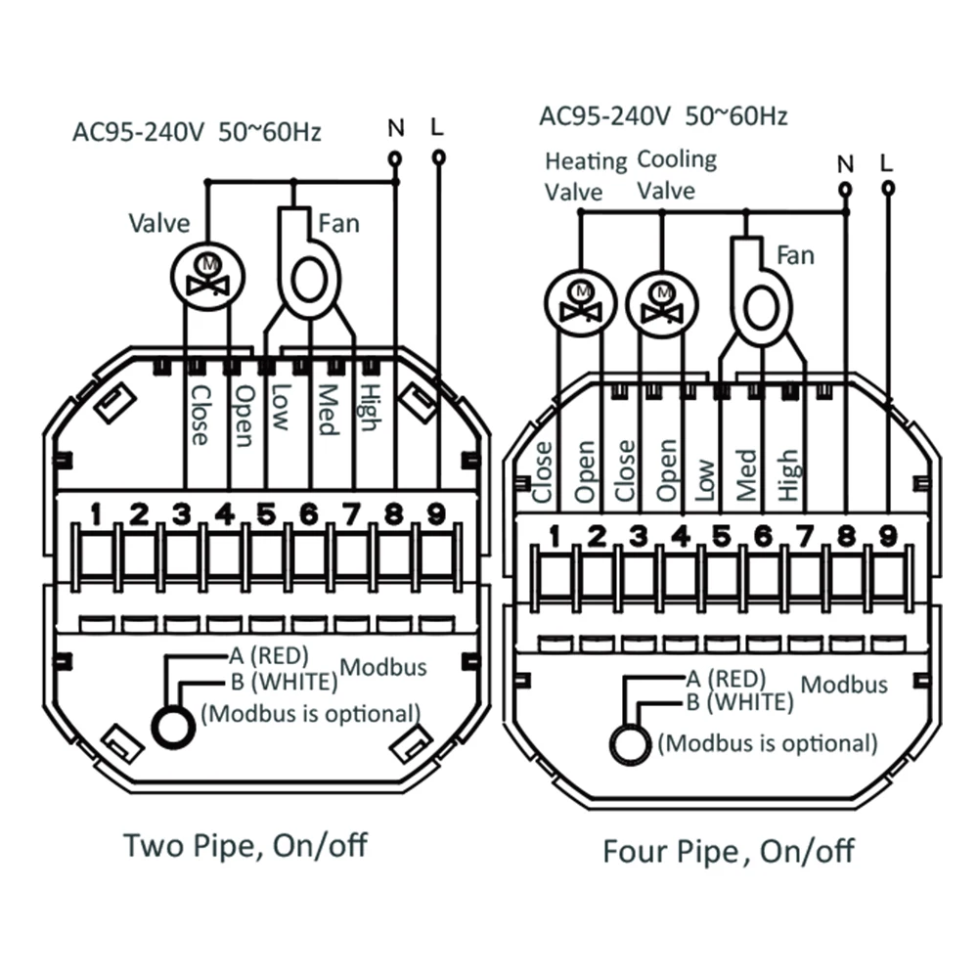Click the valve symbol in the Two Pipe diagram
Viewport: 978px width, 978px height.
206,274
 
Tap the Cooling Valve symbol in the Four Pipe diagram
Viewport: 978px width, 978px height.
662,302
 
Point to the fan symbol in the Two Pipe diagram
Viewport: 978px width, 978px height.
307,277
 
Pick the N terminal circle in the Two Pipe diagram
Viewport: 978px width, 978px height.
395,156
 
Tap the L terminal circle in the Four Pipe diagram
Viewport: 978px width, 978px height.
887,188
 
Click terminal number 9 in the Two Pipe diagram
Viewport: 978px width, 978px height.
436,513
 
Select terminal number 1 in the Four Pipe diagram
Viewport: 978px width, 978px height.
555,536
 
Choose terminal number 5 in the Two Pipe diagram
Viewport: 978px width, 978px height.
266,513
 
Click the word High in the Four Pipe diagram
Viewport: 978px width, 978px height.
788,475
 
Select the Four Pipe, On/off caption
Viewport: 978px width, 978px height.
728,851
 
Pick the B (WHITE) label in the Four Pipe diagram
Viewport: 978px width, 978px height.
739,700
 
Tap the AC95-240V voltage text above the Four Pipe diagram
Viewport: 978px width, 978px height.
603,116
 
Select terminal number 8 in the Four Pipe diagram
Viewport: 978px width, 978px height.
846,536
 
